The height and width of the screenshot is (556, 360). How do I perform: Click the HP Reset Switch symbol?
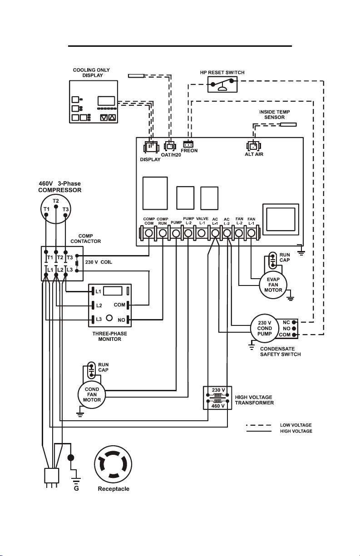[222, 84]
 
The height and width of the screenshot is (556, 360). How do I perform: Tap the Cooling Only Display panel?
[94, 102]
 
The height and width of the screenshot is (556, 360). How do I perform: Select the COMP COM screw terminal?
[149, 233]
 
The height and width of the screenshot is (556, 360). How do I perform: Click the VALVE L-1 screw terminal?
[202, 233]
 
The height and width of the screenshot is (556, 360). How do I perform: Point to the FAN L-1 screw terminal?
[251, 233]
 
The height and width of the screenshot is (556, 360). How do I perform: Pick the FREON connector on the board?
[188, 144]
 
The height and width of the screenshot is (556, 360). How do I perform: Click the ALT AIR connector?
[253, 146]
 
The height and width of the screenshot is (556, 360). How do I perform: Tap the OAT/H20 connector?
[170, 146]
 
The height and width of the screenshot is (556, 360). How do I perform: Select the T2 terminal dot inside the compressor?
[56, 206]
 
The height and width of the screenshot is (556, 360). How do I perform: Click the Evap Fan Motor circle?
[273, 285]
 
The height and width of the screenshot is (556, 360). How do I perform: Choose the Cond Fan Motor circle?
[92, 394]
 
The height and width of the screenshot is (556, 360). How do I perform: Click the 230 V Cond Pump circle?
[264, 328]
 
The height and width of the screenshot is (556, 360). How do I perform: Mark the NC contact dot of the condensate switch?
[294, 322]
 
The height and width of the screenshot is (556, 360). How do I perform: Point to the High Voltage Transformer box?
[217, 398]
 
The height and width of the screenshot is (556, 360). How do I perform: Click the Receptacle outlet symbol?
[113, 464]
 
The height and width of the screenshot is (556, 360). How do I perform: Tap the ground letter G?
[76, 488]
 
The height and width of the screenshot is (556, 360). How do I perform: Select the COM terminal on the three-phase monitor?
[128, 305]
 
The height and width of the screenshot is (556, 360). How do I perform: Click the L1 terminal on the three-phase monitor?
[93, 291]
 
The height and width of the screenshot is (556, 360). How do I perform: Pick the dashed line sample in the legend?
[258, 425]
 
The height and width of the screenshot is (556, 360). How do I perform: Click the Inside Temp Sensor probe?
[288, 125]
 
